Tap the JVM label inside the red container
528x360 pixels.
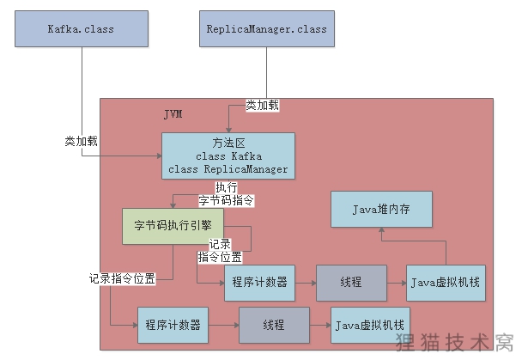point(173,114)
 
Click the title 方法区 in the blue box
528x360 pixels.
point(228,143)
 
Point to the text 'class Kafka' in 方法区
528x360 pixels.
point(228,156)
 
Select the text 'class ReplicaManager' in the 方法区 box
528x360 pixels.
point(228,169)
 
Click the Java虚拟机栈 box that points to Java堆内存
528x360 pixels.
point(446,283)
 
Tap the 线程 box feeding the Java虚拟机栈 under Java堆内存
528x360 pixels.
point(350,283)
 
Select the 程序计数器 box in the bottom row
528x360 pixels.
point(173,325)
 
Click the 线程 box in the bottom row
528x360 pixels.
point(274,325)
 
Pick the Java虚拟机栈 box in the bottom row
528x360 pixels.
point(369,325)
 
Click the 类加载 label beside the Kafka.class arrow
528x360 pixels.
point(81,140)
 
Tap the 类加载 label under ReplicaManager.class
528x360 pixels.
point(263,105)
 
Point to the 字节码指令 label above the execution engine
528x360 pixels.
point(227,201)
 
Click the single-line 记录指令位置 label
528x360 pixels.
point(122,278)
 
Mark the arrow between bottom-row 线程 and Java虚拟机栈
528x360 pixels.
point(320,325)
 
